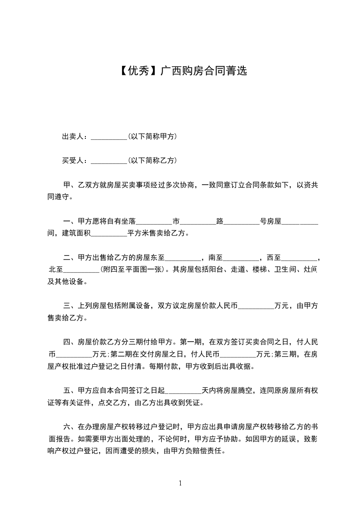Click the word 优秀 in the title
(138, 71)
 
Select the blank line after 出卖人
(109, 137)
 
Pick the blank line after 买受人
(109, 162)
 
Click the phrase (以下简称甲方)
(153, 136)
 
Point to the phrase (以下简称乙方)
(153, 161)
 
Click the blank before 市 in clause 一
(154, 222)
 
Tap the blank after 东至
(183, 258)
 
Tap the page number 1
(180, 483)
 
